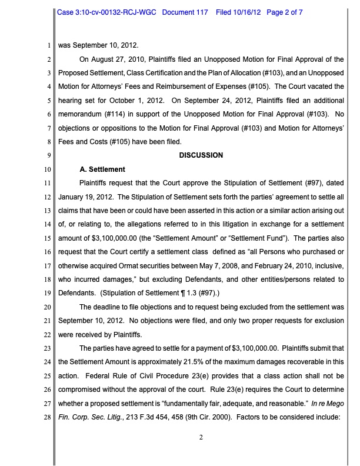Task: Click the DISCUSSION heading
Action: click(x=201, y=155)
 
